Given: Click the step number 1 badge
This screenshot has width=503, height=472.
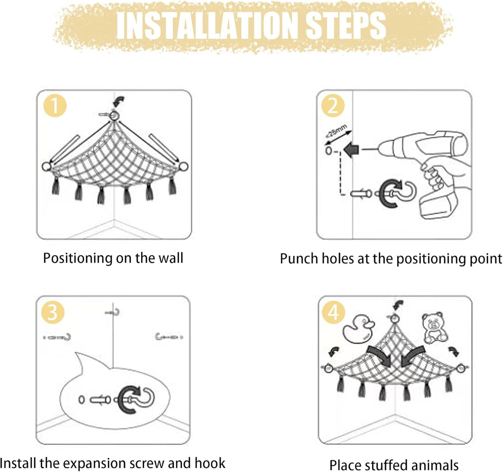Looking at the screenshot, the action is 55,106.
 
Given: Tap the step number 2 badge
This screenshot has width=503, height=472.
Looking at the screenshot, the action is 333,106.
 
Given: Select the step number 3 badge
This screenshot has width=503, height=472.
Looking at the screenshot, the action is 53,312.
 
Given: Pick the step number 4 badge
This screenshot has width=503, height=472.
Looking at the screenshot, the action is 333,312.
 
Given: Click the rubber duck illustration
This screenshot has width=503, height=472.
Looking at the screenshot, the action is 358,329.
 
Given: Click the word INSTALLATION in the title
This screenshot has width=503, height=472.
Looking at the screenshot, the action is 207,26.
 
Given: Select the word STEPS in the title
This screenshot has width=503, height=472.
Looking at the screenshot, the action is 346,26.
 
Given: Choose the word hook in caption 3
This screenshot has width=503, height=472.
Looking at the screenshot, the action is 210,463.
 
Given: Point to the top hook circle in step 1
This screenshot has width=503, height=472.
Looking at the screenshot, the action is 114,116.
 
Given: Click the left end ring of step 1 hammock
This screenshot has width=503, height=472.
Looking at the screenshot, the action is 46,166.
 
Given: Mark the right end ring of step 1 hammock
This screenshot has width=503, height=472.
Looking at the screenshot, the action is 184,166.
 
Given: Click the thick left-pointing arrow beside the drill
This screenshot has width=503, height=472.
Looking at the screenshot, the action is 351,150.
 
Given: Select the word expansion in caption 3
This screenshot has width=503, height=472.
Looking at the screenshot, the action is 94,463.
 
